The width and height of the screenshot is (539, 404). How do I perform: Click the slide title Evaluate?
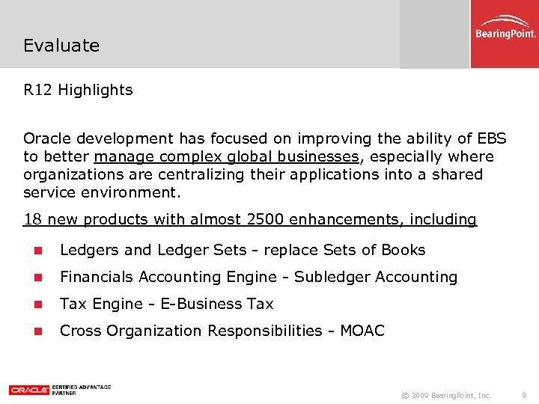61,46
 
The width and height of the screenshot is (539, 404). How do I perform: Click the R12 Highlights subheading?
78,91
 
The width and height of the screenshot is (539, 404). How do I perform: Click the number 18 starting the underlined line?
32,220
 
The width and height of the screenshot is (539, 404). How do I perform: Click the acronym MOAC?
362,331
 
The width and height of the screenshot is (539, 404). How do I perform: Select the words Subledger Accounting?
376,277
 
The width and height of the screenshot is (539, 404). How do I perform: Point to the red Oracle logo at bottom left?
29,390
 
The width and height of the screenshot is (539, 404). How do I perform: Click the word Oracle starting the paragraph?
48,138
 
